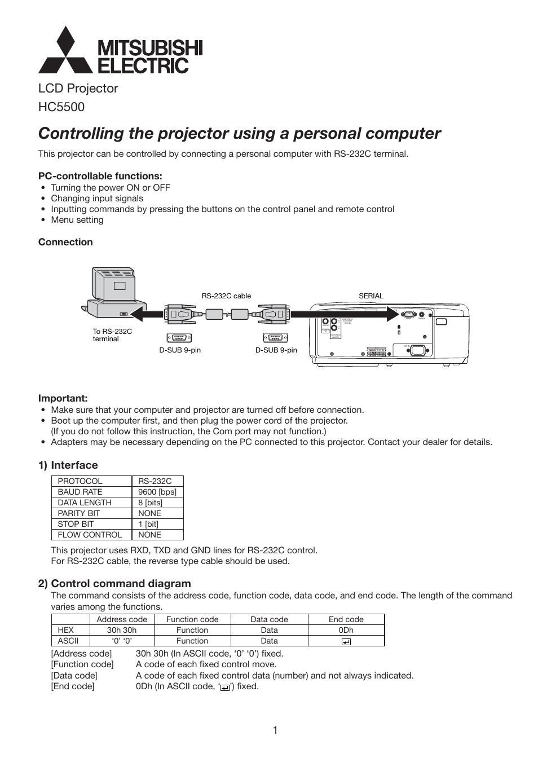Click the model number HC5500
(x=61, y=107)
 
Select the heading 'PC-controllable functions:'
(x=100, y=176)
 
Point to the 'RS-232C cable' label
(x=226, y=296)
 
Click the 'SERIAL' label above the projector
(x=371, y=296)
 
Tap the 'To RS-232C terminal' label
(x=112, y=335)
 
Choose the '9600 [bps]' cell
(x=157, y=492)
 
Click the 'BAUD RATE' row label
(x=80, y=492)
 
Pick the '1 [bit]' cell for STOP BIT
(x=148, y=524)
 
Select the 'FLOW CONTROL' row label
(x=90, y=535)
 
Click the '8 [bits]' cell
(x=150, y=503)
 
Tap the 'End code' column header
(x=346, y=619)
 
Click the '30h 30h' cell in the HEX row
(x=122, y=630)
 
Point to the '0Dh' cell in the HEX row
(x=346, y=630)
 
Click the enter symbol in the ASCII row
(x=346, y=641)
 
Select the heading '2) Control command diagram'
(x=114, y=583)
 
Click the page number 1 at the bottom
(x=275, y=730)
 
